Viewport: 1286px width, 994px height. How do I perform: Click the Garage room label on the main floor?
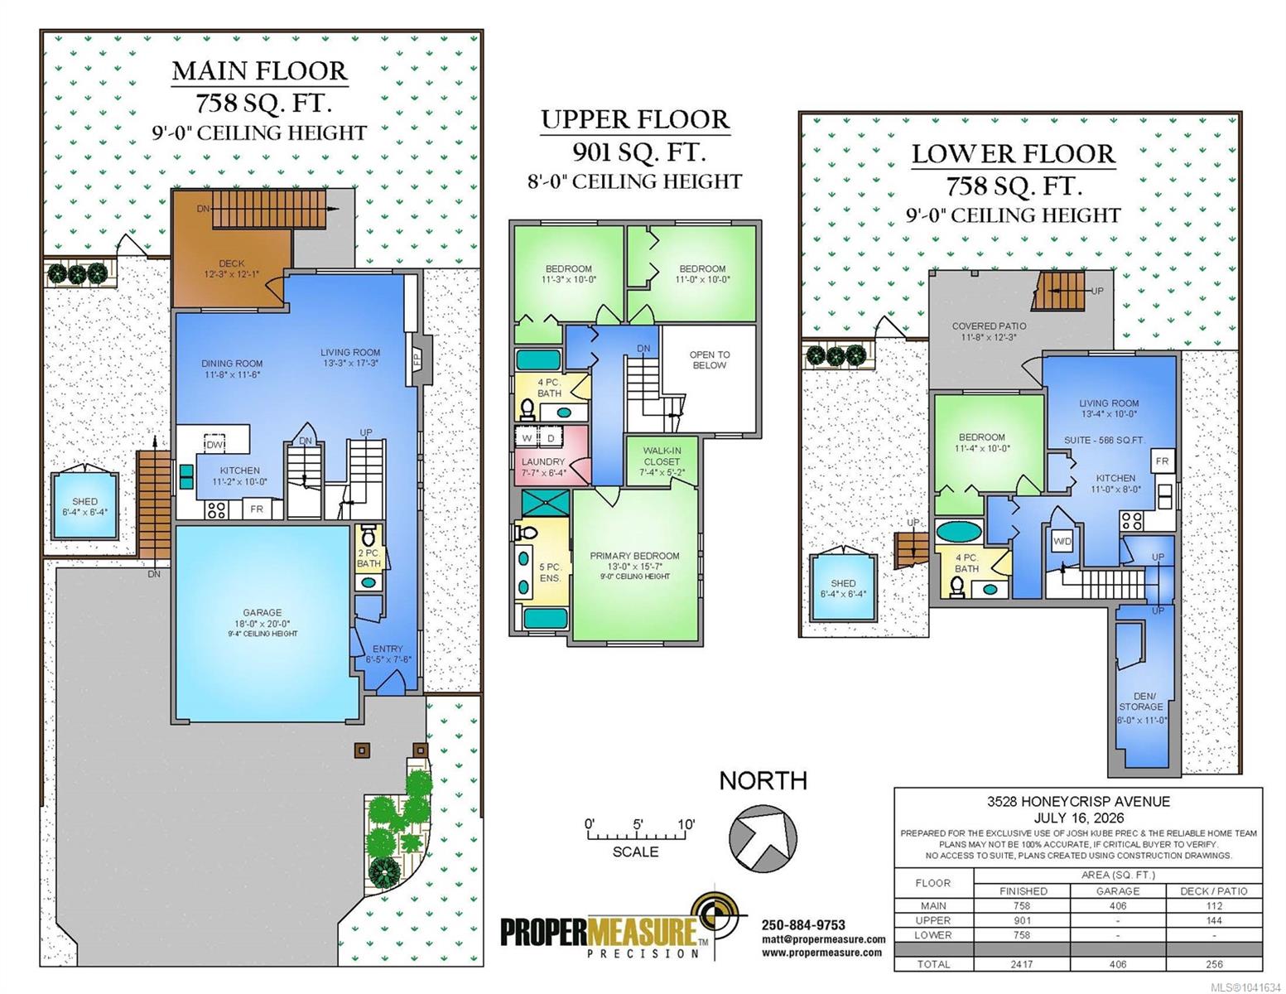[x=262, y=612]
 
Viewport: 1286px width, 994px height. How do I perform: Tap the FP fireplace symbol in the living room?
[x=416, y=359]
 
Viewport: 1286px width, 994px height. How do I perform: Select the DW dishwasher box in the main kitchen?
[x=214, y=443]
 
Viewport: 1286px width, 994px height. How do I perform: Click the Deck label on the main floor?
[x=231, y=263]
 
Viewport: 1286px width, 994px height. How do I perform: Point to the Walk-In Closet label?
[x=662, y=456]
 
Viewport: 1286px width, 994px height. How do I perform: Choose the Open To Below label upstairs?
[x=710, y=360]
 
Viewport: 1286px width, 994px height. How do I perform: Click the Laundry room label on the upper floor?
[x=542, y=461]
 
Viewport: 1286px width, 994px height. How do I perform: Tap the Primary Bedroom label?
[x=634, y=556]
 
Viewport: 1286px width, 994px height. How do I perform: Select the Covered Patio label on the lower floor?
[x=989, y=326]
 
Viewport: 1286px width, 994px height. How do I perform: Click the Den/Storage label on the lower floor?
[x=1140, y=702]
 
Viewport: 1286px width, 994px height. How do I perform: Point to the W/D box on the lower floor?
[x=1062, y=541]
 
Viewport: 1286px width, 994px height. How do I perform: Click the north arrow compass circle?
[x=763, y=837]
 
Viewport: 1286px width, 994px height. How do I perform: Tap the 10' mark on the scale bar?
[x=686, y=825]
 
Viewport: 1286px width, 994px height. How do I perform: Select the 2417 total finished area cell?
[x=1022, y=964]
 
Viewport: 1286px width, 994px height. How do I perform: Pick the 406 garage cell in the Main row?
[x=1117, y=906]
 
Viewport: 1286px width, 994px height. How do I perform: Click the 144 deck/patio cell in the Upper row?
[x=1214, y=920]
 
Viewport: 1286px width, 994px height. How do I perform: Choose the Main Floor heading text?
[x=260, y=71]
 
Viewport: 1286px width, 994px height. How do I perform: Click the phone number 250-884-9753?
[x=803, y=924]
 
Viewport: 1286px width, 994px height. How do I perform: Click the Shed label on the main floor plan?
[x=84, y=501]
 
